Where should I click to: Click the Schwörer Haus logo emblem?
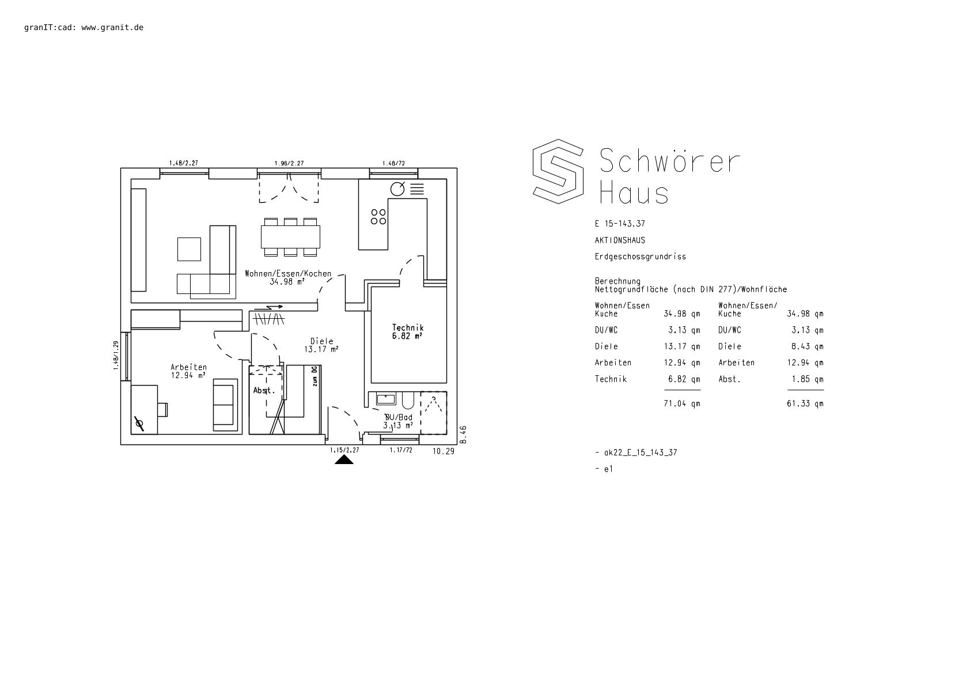coord(558,172)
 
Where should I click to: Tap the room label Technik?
coord(408,328)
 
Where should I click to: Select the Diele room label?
coord(322,341)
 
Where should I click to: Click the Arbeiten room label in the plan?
coord(188,367)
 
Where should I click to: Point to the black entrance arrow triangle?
coord(344,460)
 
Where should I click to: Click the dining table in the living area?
coord(290,237)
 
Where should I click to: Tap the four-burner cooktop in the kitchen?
coord(378,217)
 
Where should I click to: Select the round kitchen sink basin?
coord(397,189)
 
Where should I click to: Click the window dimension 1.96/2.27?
coord(289,163)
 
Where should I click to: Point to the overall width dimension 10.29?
coord(444,451)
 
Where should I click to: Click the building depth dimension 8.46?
coord(463,435)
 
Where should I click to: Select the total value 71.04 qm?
coord(682,404)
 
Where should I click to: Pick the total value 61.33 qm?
coord(805,404)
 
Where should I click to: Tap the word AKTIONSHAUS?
coord(620,240)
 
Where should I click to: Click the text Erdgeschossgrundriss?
coord(640,257)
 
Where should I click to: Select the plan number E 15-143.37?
coord(620,224)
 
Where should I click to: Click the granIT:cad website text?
coord(84,27)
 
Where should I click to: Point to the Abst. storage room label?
coord(264,390)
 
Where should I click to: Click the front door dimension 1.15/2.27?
coord(344,450)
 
